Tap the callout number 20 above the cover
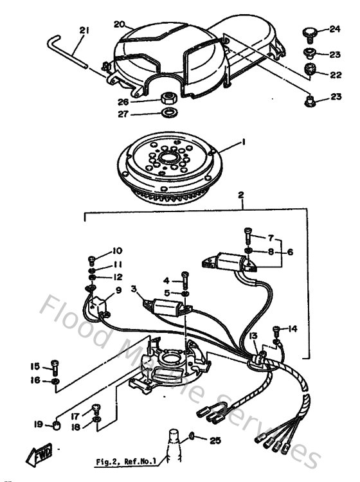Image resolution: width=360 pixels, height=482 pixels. tap(119, 24)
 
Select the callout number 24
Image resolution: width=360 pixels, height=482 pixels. tap(334, 29)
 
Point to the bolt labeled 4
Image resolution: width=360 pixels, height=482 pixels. tap(185, 277)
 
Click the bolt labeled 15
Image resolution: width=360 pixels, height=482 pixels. tap(55, 366)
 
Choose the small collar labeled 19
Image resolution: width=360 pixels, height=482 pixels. tap(56, 425)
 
